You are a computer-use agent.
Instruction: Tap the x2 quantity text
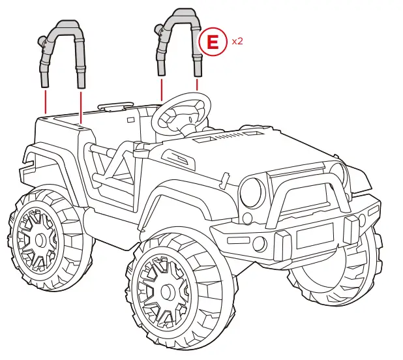[x=237, y=40]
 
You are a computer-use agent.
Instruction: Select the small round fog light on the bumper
[x=259, y=244]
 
